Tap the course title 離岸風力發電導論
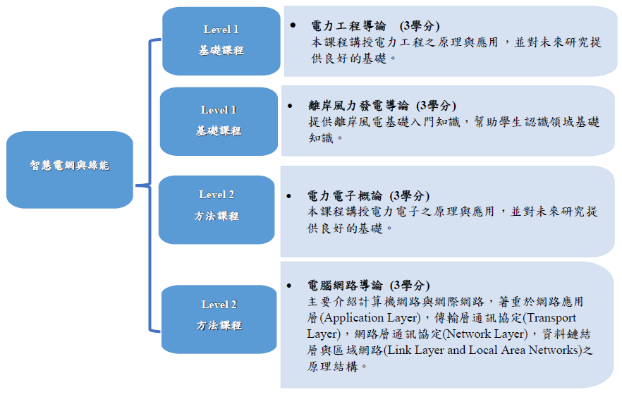pyautogui.click(x=358, y=106)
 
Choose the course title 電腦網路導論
pyautogui.click(x=345, y=286)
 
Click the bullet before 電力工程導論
pyautogui.click(x=293, y=25)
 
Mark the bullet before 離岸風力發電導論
pyautogui.click(x=290, y=105)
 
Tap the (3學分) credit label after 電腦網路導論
pyautogui.click(x=409, y=286)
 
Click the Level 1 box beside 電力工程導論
pyautogui.click(x=221, y=40)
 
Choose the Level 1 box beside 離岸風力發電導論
pyautogui.click(x=219, y=121)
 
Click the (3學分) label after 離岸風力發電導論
pyautogui.click(x=436, y=106)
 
